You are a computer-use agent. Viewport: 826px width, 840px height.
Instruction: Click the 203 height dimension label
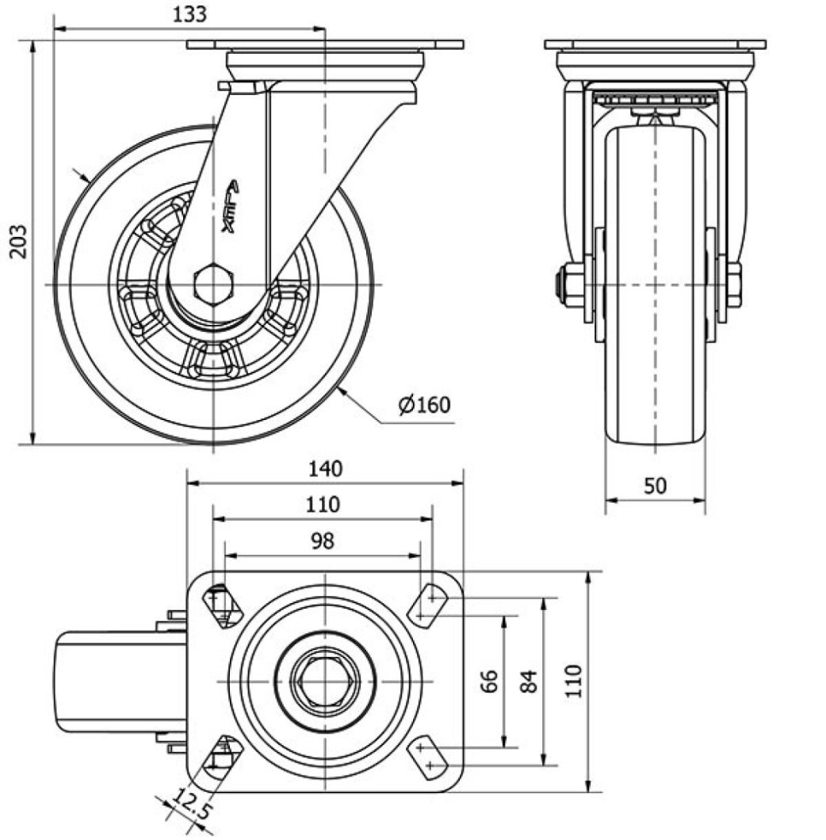[18, 241]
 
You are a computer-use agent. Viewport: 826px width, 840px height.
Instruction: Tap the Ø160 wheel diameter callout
[424, 405]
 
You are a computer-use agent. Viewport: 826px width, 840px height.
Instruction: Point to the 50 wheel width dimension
[655, 486]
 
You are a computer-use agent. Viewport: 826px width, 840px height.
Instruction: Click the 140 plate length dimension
[325, 469]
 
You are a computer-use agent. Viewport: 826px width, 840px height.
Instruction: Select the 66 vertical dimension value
[489, 682]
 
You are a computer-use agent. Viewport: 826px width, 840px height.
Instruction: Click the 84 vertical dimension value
[530, 682]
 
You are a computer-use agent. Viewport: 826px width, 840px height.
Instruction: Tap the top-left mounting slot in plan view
[221, 605]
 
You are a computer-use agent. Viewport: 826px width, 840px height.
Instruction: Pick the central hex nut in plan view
[325, 680]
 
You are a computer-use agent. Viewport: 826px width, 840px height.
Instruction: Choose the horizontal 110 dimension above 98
[322, 505]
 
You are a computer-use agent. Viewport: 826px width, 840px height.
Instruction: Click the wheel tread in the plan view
[119, 681]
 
